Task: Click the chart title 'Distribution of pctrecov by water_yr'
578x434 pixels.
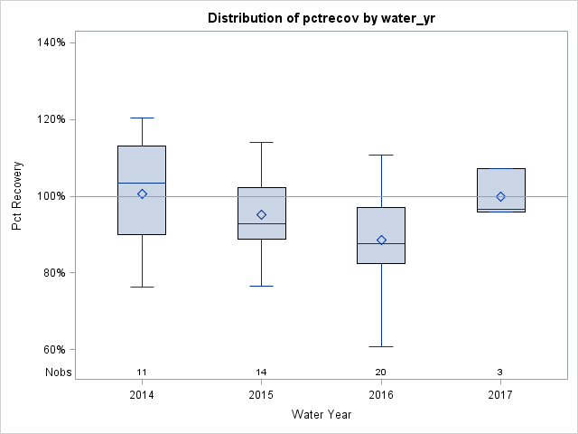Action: click(321, 18)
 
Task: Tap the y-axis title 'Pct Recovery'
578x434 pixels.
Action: click(18, 195)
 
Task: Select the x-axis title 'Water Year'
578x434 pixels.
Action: click(321, 414)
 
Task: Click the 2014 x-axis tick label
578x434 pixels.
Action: click(142, 395)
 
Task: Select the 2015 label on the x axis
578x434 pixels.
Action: click(261, 395)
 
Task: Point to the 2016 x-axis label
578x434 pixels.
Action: click(381, 395)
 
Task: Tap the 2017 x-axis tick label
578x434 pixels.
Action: click(500, 395)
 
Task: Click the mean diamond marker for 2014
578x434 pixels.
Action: click(142, 193)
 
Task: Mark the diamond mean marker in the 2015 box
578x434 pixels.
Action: click(261, 214)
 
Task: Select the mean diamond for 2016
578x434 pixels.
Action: click(381, 240)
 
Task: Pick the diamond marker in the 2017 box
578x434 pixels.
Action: click(500, 196)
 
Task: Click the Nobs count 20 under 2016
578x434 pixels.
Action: click(381, 372)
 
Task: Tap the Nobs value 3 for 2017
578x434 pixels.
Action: click(500, 372)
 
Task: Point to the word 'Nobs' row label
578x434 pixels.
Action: click(59, 372)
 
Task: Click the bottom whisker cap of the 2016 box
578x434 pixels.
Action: click(381, 346)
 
